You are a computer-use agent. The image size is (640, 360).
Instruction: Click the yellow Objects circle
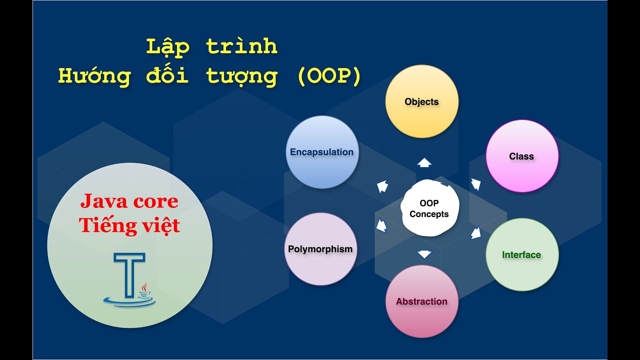(x=421, y=101)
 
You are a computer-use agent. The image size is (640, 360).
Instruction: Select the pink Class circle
(x=522, y=156)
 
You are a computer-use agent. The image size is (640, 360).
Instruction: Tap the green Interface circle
(x=522, y=254)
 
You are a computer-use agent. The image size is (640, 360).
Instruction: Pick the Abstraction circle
(x=421, y=301)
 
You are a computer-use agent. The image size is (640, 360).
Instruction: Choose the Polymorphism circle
(x=320, y=249)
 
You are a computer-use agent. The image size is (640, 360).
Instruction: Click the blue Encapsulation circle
(x=322, y=152)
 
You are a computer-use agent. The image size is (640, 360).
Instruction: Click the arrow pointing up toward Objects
(x=424, y=162)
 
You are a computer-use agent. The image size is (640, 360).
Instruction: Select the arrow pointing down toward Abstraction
(x=424, y=254)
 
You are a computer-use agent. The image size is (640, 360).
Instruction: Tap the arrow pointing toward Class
(x=476, y=184)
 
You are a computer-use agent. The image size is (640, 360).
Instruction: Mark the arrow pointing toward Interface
(x=476, y=232)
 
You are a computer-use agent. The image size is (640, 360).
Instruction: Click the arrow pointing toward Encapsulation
(x=382, y=186)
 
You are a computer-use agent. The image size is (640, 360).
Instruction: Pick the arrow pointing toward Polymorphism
(x=381, y=226)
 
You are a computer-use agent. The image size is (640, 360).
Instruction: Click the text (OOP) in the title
(x=328, y=76)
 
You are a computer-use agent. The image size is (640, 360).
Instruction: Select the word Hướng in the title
(x=94, y=76)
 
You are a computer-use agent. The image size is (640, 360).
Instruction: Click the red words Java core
(x=129, y=201)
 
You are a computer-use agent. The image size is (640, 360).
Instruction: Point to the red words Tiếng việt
(x=129, y=225)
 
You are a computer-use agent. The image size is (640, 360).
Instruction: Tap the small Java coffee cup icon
(x=144, y=291)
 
